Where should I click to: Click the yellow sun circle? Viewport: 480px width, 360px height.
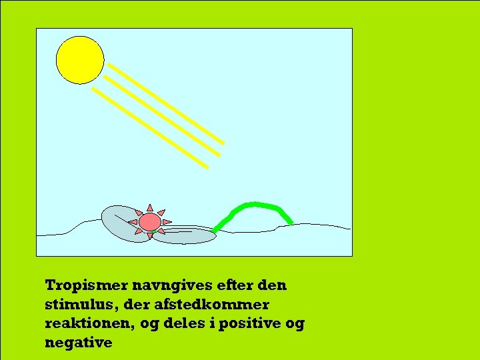click(x=80, y=59)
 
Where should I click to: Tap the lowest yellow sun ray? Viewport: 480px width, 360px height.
click(x=149, y=127)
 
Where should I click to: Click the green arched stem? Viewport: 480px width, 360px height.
click(x=253, y=205)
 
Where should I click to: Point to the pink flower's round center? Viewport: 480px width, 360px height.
click(x=150, y=221)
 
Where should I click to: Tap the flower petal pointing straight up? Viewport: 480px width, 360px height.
click(x=150, y=208)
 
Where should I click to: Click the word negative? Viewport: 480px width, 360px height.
click(x=79, y=343)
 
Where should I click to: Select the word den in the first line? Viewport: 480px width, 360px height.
click(x=272, y=285)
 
